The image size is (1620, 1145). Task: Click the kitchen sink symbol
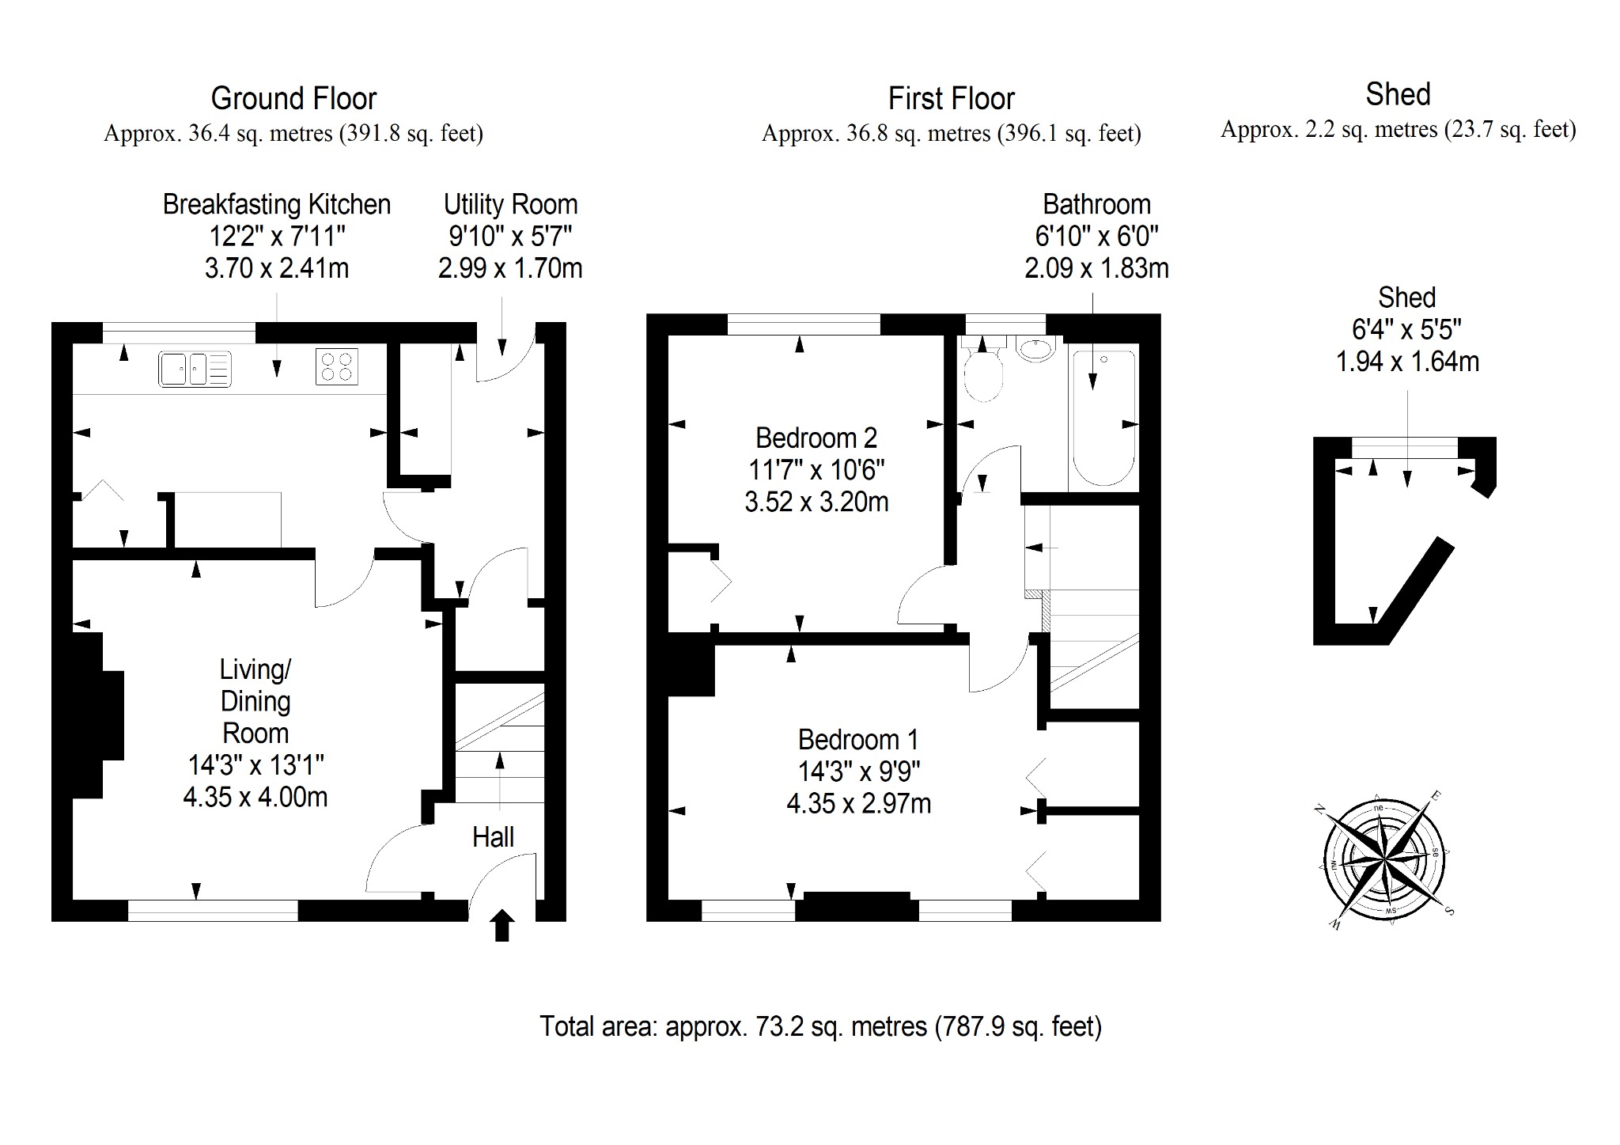[195, 369]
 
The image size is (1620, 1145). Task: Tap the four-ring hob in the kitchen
[337, 366]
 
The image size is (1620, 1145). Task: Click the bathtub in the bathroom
[1103, 418]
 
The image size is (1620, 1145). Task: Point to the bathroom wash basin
[1035, 348]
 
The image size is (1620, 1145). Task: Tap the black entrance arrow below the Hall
[502, 926]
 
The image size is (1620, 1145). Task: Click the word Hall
[493, 837]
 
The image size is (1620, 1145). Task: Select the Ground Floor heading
[293, 99]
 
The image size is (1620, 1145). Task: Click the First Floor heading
[951, 99]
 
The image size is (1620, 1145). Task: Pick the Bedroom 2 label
[816, 438]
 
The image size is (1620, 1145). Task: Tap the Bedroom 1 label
[858, 740]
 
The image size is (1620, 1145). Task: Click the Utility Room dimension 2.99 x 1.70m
[510, 268]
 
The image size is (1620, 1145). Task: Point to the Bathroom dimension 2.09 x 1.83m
[1096, 268]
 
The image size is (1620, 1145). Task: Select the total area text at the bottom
[820, 1026]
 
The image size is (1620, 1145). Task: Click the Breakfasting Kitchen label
[277, 204]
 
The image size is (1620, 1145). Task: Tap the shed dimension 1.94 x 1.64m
[1407, 362]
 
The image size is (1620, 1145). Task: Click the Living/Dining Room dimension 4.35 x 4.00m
[255, 797]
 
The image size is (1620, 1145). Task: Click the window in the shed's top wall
[1405, 448]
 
